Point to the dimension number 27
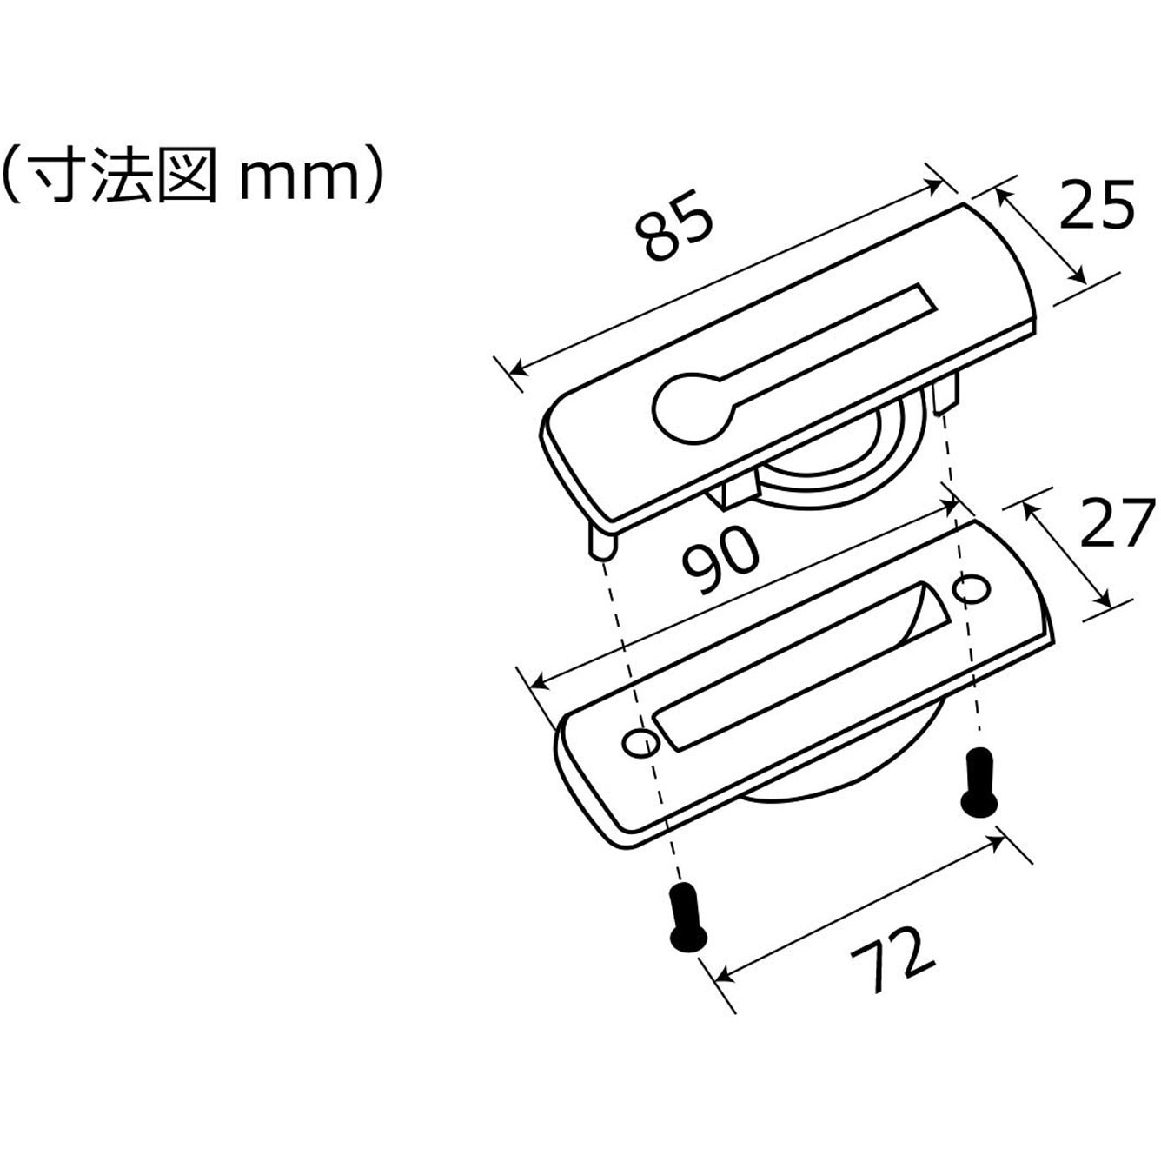(x=1117, y=521)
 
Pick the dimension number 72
(x=892, y=959)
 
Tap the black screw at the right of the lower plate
(x=979, y=783)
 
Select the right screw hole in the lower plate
(x=971, y=588)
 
